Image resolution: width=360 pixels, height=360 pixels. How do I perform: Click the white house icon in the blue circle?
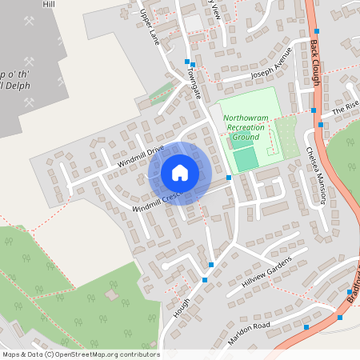click(180, 173)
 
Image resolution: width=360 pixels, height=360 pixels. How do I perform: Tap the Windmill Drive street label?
click(140, 155)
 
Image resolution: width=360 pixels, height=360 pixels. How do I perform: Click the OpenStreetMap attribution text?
click(80, 354)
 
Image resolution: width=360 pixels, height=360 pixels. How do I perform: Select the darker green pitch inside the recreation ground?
click(246, 158)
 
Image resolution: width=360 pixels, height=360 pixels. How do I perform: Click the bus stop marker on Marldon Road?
click(306, 327)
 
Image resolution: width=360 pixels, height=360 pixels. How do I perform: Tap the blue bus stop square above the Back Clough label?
click(317, 30)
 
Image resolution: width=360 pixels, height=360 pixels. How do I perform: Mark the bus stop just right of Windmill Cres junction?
click(229, 178)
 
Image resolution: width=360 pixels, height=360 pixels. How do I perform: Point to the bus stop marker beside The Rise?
click(320, 125)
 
